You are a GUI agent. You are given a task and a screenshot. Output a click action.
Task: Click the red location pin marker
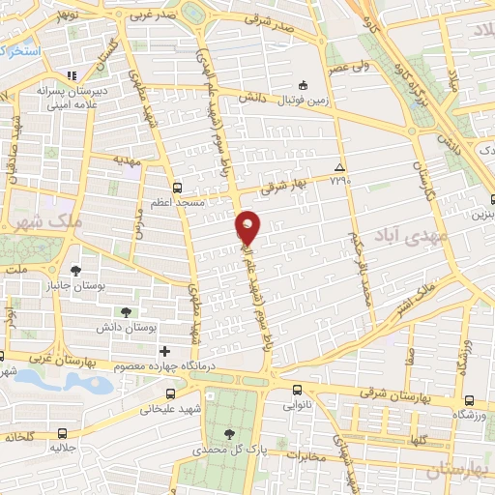coord(248,226)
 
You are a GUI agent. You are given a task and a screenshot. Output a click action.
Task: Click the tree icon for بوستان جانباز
coord(75,270)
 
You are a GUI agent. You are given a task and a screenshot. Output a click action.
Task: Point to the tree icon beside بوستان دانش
coord(126,310)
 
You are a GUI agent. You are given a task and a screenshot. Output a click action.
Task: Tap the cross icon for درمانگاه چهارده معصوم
coord(163,351)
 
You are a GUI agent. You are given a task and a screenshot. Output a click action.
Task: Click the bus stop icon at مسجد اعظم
coord(176,189)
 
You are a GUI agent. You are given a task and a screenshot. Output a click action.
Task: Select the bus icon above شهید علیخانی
coord(170,393)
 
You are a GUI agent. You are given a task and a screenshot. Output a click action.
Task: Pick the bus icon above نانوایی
coord(297,392)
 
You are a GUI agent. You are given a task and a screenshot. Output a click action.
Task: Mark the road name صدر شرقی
coord(270,18)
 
